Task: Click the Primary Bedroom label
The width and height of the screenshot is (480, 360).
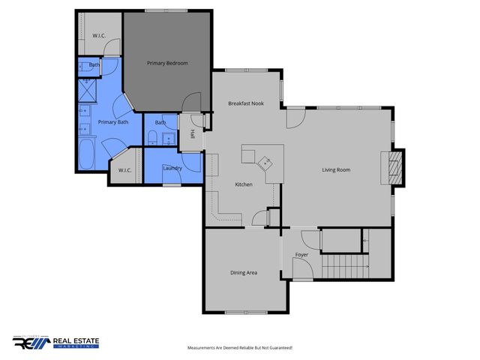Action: [x=166, y=63]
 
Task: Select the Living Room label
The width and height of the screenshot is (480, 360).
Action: [x=336, y=169]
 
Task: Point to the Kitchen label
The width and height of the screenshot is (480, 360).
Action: [x=243, y=184]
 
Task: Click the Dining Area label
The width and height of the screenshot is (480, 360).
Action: [x=244, y=272]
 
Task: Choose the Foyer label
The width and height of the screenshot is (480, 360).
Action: [x=301, y=255]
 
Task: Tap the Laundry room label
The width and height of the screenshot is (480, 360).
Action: [x=172, y=167]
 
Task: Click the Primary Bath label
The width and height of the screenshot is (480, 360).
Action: [x=112, y=121]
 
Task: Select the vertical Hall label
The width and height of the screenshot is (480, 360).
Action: [x=193, y=134]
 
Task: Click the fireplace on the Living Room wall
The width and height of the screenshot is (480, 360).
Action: [x=392, y=168]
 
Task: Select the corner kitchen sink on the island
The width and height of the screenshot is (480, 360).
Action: [x=266, y=161]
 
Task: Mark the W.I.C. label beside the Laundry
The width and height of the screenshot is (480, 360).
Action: [x=125, y=170]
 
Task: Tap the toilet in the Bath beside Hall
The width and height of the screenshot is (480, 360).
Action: [x=152, y=136]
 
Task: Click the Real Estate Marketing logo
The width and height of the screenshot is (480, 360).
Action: [x=55, y=342]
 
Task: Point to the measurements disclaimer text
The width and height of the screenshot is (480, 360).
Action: [x=239, y=348]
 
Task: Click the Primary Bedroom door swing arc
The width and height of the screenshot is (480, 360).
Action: [x=191, y=100]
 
